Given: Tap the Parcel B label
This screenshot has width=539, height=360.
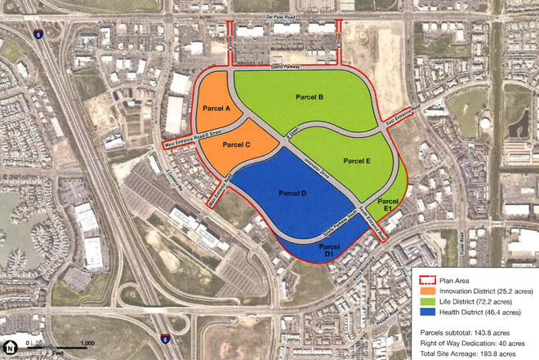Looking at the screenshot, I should click(x=310, y=98).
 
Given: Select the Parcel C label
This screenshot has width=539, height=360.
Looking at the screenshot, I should click(x=235, y=144).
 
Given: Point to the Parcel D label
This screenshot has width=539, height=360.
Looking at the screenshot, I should click(x=292, y=193).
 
